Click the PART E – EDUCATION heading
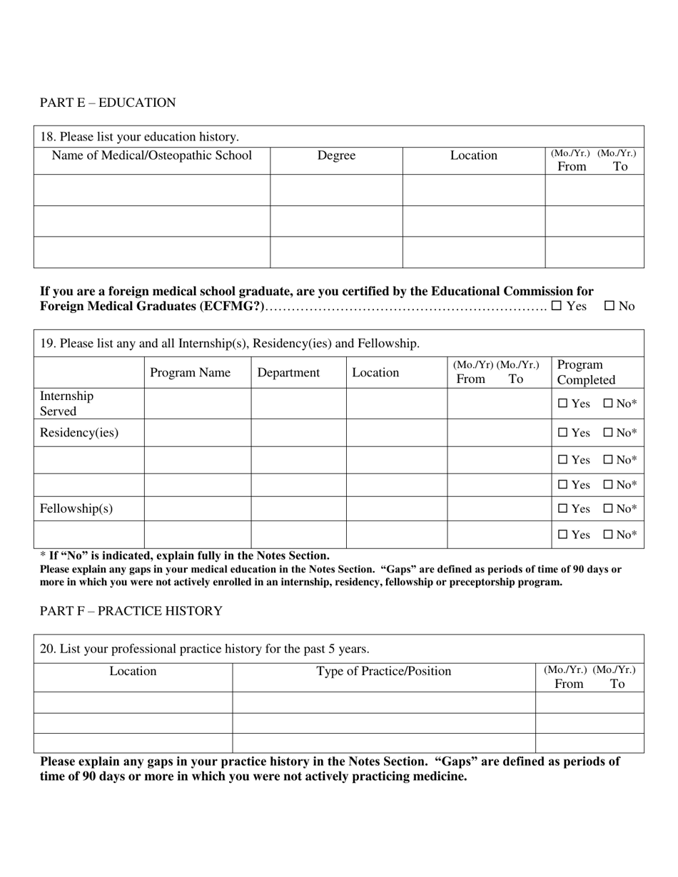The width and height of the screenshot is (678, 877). point(108,103)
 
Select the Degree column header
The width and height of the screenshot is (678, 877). point(336,155)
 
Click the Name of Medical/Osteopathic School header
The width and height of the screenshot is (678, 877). point(152,155)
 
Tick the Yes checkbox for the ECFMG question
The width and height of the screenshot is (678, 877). point(557,306)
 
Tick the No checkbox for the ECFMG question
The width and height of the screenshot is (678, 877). point(609,306)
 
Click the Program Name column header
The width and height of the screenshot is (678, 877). point(191,372)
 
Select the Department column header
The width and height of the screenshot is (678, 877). point(288,372)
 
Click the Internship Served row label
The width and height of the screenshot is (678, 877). point(66,404)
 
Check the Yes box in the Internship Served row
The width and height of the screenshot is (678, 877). point(563,404)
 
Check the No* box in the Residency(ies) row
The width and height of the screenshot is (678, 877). point(608,433)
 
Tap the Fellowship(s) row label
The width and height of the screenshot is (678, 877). point(76,508)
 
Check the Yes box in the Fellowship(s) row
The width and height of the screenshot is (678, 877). point(563,508)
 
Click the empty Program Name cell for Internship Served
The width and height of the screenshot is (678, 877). point(197,404)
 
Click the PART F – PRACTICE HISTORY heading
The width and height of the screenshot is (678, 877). point(131,611)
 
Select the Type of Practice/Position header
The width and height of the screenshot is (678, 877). point(384,671)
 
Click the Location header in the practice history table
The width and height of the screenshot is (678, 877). point(133,671)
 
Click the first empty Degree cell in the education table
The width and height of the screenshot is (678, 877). point(336,190)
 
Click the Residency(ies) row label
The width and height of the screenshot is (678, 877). point(79,433)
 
